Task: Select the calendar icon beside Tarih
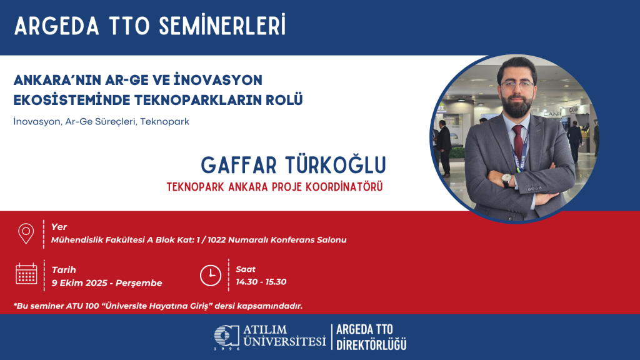tap(26, 274)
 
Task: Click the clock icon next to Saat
tap(210, 274)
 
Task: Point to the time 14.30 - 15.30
tap(261, 282)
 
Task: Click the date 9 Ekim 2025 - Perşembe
tap(107, 283)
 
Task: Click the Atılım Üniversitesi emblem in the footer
tap(226, 336)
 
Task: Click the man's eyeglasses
tap(517, 84)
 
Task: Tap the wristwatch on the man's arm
tap(506, 181)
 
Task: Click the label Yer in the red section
tap(59, 227)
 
